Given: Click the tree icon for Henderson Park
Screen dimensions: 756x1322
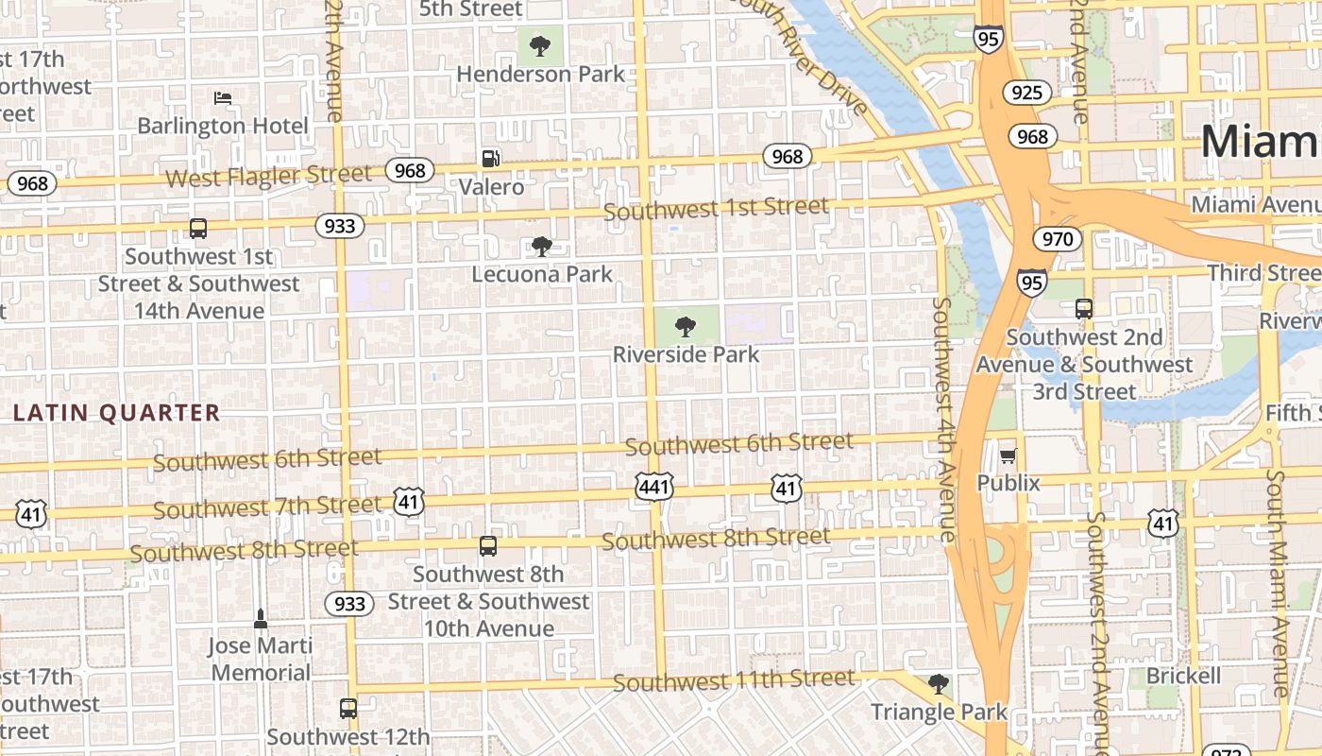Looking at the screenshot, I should tap(540, 45).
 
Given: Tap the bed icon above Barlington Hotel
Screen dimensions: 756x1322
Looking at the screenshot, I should tap(223, 97).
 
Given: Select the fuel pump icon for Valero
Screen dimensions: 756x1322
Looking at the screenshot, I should tap(490, 159).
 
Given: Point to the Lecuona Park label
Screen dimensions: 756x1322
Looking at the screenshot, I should tap(542, 274).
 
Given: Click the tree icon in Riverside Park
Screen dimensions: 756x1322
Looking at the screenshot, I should tap(686, 327).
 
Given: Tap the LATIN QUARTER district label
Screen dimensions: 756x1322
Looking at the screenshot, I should tap(117, 413).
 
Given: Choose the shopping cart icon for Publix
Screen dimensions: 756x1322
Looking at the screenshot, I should tap(1008, 456).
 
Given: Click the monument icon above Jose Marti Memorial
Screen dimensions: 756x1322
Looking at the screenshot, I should tap(261, 619).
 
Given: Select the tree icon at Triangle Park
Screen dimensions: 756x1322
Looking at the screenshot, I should tap(938, 683).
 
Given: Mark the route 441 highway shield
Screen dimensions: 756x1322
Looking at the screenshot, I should tap(654, 488).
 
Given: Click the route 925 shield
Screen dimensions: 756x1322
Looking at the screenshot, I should tap(1026, 92).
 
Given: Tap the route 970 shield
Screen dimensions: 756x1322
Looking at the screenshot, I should tap(1057, 239).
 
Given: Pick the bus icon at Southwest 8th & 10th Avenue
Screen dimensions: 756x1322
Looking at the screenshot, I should tap(487, 546).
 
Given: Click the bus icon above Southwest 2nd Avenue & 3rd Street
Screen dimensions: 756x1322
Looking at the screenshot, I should tap(1084, 309).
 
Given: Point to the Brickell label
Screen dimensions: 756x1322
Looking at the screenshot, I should tap(1183, 677).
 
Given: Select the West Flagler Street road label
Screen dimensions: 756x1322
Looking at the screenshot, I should tap(268, 176).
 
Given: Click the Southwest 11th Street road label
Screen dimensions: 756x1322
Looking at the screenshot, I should tap(734, 680).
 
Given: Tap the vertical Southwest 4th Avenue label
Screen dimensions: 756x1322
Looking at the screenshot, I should tap(943, 420).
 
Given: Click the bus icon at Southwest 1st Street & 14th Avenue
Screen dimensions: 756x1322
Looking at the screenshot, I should tap(198, 229).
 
